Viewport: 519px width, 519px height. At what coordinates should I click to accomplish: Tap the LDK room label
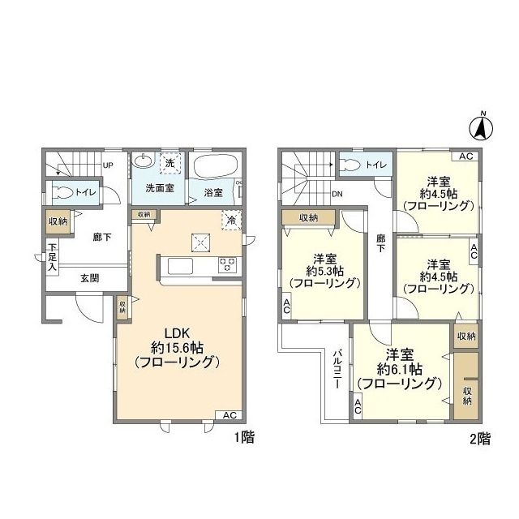tap(177, 332)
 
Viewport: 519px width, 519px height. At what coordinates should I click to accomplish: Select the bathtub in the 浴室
tap(216, 166)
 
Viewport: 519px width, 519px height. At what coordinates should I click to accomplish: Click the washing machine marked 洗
tap(169, 163)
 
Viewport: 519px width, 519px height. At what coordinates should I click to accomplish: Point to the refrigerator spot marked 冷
tap(231, 220)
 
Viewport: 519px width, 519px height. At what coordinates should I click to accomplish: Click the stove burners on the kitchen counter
tap(227, 265)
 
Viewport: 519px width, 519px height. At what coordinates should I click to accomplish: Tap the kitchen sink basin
tap(180, 266)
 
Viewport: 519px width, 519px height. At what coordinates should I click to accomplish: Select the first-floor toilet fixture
tap(63, 193)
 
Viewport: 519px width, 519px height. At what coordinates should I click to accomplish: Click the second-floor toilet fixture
tap(352, 165)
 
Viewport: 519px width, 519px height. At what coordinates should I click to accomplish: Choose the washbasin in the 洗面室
tap(143, 161)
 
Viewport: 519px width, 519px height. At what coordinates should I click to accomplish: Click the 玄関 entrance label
tap(90, 278)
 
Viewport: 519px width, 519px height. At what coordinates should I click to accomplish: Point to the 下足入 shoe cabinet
tap(52, 257)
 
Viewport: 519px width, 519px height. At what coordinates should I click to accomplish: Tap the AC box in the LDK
tap(229, 415)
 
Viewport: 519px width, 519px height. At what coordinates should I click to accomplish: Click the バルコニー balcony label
tap(337, 369)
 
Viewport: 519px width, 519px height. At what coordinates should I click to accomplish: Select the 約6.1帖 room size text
tap(400, 369)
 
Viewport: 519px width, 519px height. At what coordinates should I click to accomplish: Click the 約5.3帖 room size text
tap(325, 271)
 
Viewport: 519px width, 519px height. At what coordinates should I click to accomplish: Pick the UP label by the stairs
tap(108, 165)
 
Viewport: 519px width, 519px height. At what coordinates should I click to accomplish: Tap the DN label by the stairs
tap(337, 195)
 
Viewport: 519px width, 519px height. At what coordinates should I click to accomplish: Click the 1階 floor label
tap(244, 438)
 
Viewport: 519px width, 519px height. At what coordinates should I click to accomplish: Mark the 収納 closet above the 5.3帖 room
tap(308, 217)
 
